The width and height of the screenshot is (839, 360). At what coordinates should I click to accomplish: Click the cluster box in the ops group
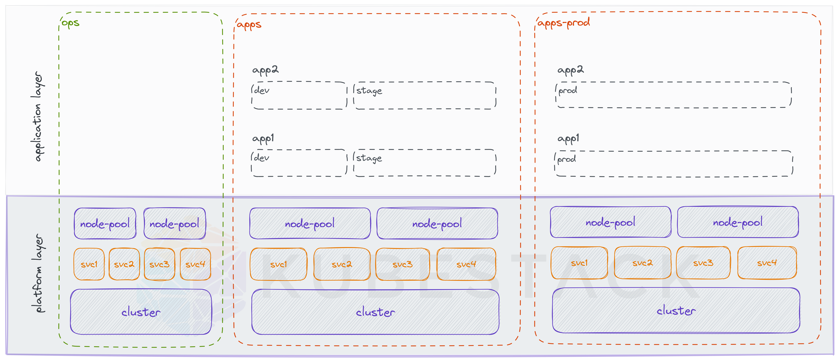click(x=141, y=312)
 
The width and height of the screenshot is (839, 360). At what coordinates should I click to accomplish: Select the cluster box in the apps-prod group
click(x=676, y=311)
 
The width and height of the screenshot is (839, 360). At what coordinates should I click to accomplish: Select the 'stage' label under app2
click(x=369, y=91)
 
